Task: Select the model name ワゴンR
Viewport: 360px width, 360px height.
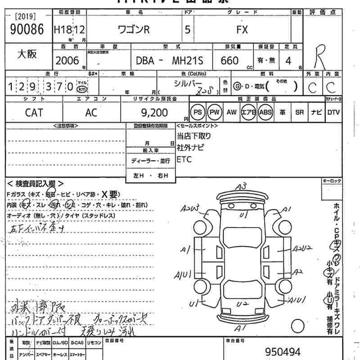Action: (133, 30)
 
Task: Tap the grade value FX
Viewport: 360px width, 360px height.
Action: (242, 30)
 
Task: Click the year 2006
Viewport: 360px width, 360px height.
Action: (67, 60)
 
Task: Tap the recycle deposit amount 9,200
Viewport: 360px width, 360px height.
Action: (154, 112)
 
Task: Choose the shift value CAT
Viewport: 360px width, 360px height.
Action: (34, 112)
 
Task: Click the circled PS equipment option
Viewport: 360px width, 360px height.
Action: (197, 112)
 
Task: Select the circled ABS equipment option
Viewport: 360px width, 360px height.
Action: (265, 112)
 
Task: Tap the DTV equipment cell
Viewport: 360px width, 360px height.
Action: (333, 112)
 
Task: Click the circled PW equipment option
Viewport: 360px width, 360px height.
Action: (215, 112)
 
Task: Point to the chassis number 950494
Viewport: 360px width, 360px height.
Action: (283, 352)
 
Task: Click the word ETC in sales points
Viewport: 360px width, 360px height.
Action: (184, 159)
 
